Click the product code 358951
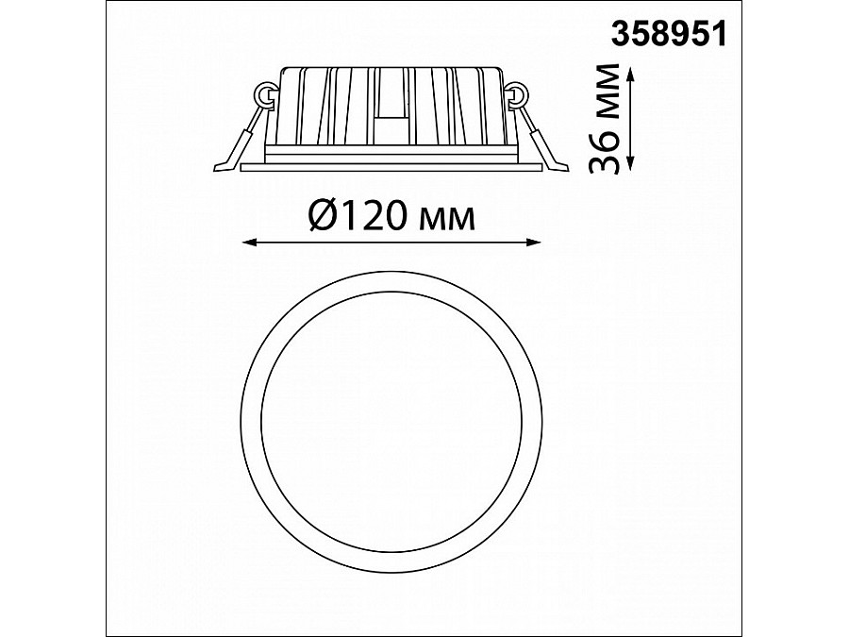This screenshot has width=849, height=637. tap(668, 35)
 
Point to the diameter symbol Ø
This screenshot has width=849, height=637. tap(325, 216)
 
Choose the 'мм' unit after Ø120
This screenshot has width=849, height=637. tap(447, 219)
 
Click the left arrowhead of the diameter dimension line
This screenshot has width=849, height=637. tap(249, 243)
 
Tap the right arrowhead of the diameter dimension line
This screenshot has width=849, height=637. tap(533, 243)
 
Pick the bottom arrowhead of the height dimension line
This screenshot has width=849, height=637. tap(630, 165)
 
